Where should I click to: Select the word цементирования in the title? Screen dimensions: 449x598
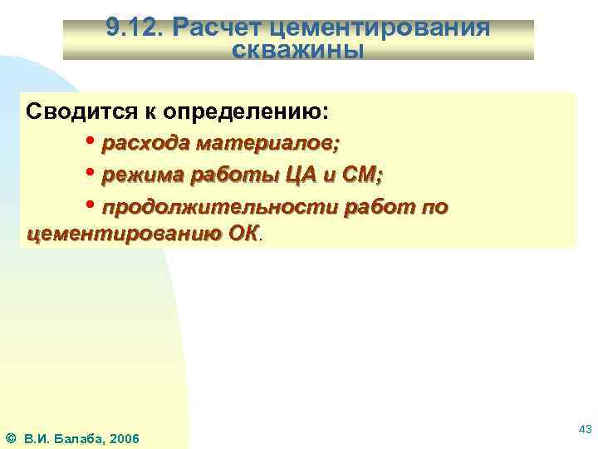(375, 29)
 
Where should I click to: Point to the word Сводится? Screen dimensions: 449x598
(70, 111)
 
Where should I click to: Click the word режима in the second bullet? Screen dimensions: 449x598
(141, 175)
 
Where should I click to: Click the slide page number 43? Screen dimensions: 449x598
(584, 428)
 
